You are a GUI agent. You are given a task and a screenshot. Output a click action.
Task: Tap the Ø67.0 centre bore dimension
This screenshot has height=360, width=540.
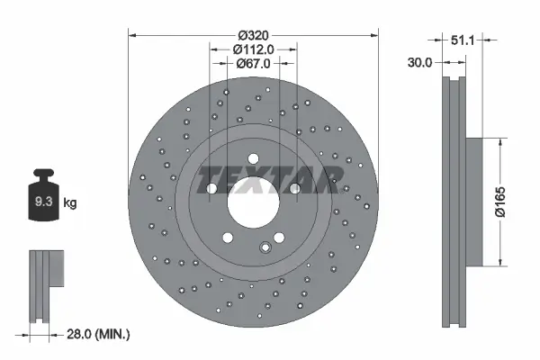(x=254, y=63)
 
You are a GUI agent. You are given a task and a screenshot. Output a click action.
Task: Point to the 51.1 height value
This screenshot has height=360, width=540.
(x=463, y=40)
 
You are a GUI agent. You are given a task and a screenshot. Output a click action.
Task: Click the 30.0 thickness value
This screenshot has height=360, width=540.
(x=421, y=63)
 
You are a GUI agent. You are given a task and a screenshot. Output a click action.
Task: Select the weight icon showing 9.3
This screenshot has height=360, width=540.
(x=43, y=202)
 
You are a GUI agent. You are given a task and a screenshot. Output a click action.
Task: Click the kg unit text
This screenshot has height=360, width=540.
(x=70, y=202)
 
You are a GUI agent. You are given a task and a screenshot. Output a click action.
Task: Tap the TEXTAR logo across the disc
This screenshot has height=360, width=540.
(x=266, y=180)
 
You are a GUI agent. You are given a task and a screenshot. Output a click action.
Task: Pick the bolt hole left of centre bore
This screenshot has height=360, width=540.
(x=211, y=189)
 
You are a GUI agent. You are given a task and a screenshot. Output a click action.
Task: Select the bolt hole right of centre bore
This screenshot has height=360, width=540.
(x=294, y=188)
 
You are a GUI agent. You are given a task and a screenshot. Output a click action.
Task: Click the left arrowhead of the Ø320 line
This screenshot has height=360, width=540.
(x=133, y=36)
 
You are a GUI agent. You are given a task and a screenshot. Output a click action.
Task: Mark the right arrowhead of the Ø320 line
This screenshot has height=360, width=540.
(x=374, y=36)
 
